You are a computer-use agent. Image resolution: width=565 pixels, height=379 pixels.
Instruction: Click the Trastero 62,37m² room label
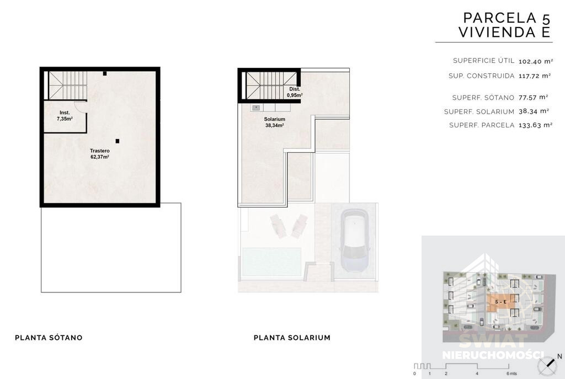click(x=100, y=154)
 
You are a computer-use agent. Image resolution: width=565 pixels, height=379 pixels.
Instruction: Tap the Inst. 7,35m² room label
click(x=65, y=116)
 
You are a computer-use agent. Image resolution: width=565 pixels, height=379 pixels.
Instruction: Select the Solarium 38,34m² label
click(x=275, y=122)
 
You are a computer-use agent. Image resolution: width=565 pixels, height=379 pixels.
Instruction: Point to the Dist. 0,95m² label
click(x=295, y=92)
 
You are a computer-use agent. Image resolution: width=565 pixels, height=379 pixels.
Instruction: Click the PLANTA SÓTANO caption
click(x=49, y=338)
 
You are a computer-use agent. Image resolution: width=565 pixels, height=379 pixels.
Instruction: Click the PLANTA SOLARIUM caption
click(x=292, y=338)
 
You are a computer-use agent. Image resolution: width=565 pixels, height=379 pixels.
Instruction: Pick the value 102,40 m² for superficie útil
click(x=535, y=61)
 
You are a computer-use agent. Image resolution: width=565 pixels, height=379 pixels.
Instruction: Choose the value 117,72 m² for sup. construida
click(x=535, y=76)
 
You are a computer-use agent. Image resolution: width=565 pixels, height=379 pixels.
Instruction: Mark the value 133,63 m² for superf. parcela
click(x=535, y=125)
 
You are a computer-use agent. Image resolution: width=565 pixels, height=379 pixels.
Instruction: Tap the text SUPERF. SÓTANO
click(x=483, y=98)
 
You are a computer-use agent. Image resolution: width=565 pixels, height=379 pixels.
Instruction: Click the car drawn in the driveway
click(x=355, y=241)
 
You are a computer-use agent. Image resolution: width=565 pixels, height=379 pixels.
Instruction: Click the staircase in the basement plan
click(x=68, y=85)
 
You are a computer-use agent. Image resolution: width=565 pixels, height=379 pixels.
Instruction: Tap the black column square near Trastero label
click(x=117, y=141)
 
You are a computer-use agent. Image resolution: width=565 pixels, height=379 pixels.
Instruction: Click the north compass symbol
click(x=547, y=366)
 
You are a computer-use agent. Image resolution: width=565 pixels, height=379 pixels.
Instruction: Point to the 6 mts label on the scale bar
click(x=511, y=373)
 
